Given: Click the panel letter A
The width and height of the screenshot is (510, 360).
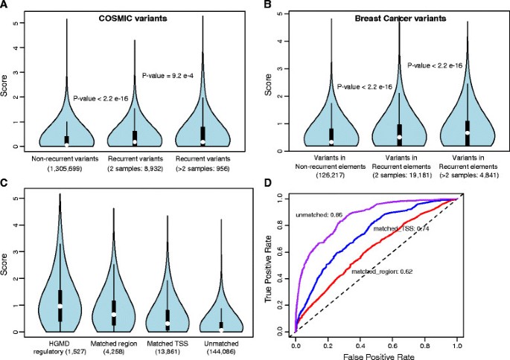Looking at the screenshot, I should coord(5,5).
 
